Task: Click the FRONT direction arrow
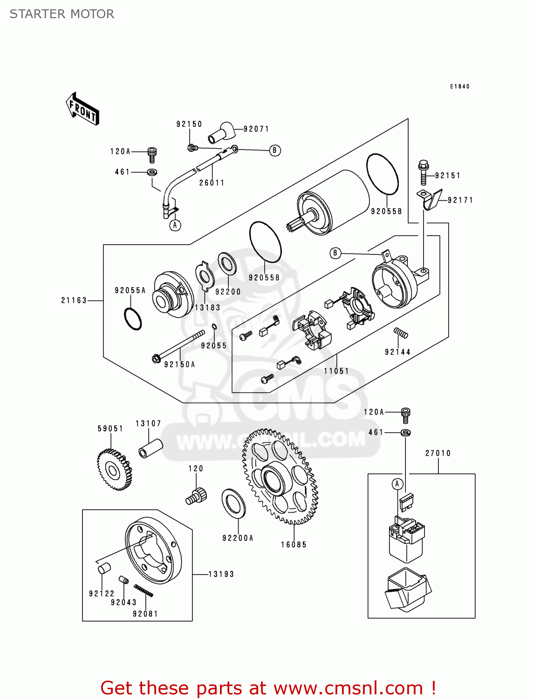82,109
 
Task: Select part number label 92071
256,129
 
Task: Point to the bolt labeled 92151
424,173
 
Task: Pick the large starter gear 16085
280,477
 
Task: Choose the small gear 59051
114,470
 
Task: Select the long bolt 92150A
178,345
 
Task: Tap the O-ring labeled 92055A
133,319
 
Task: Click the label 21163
74,301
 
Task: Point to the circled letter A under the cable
175,226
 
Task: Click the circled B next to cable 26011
275,151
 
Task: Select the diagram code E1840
459,87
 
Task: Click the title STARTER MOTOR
62,14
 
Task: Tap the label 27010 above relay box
438,453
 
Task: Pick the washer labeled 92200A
233,503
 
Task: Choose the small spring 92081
144,590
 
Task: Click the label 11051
336,371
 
